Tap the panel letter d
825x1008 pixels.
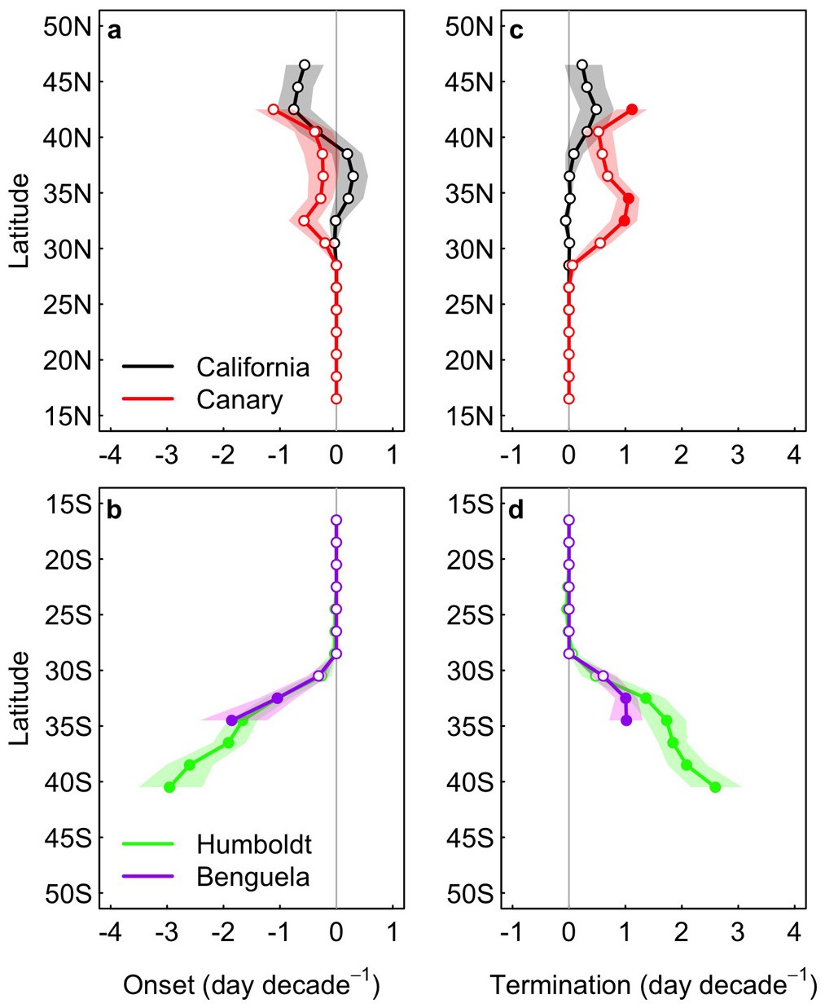point(516,510)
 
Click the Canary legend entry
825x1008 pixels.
point(239,399)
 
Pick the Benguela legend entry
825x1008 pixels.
point(252,876)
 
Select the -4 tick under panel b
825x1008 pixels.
point(110,931)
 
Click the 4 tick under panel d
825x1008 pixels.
point(794,931)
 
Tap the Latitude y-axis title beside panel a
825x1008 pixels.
point(20,220)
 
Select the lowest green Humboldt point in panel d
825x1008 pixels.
point(715,787)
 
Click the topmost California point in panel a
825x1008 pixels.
point(305,64)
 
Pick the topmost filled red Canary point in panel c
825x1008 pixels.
point(632,109)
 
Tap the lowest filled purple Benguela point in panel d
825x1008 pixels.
point(626,720)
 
